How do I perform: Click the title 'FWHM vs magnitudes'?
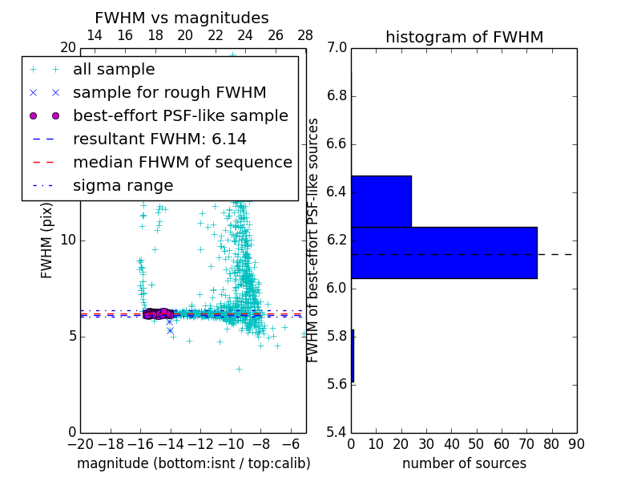[x=182, y=18]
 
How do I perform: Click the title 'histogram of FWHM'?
[x=464, y=37]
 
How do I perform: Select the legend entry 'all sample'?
[x=114, y=70]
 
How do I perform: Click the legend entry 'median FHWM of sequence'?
[x=182, y=163]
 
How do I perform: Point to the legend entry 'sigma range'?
[x=123, y=186]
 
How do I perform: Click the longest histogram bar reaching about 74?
[x=444, y=253]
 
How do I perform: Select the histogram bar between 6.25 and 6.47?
[x=381, y=201]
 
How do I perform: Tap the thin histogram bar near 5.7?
[x=353, y=356]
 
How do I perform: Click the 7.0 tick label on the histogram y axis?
[x=337, y=48]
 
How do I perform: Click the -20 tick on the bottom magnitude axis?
[x=79, y=444]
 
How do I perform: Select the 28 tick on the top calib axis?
[x=305, y=35]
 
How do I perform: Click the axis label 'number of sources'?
[x=464, y=463]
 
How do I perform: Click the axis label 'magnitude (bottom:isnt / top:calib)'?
[x=193, y=463]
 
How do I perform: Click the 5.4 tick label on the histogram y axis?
[x=337, y=432]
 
